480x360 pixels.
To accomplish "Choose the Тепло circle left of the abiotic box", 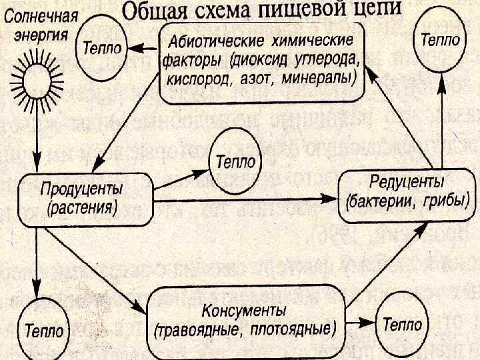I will point(101,49).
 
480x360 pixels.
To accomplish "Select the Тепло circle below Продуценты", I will point(45,329).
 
